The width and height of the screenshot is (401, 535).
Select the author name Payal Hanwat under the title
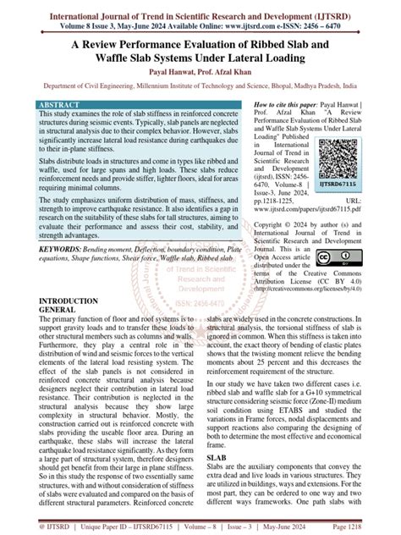(x=169, y=74)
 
